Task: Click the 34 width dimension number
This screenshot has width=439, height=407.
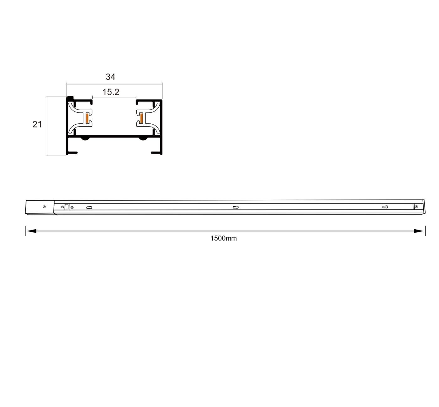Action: point(110,77)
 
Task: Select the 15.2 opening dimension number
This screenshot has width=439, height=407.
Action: point(111,92)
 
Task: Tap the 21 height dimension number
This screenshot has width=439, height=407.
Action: point(37,124)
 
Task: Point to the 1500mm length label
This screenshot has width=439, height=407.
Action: point(224,238)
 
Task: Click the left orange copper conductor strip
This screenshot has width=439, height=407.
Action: point(87,118)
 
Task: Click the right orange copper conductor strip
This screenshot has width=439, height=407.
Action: point(141,118)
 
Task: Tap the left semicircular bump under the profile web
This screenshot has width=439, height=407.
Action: point(85,138)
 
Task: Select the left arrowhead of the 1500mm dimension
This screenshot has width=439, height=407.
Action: point(31,231)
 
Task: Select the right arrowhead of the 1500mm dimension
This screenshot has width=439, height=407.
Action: point(419,231)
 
